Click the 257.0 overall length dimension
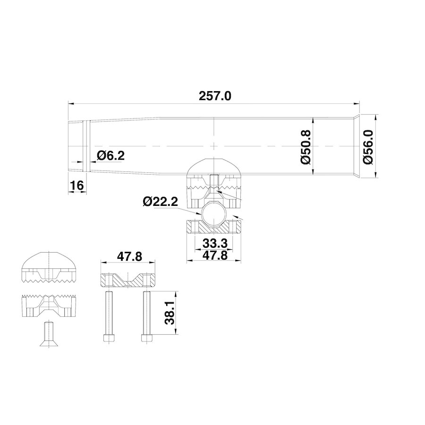coord(215,96)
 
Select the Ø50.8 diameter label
coord(306,147)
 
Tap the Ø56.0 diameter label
coord(368,147)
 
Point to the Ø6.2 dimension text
coord(110,155)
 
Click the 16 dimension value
coord(76,186)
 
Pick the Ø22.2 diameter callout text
coord(160,202)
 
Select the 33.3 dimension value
coord(215,243)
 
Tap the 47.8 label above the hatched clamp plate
coord(129,256)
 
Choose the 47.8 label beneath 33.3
coord(215,255)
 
